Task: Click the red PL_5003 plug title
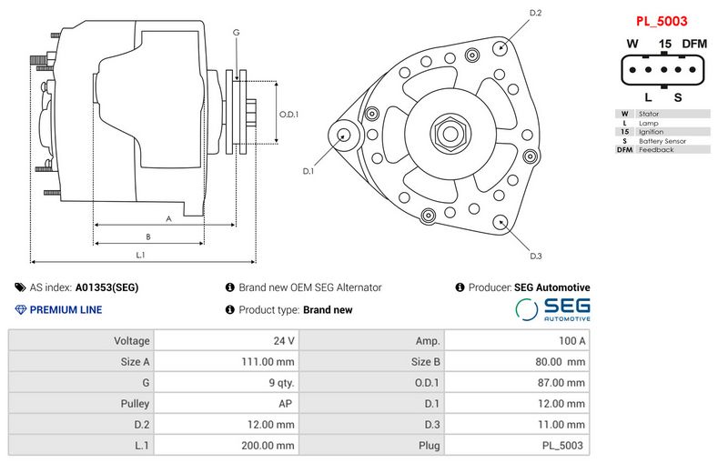(661, 20)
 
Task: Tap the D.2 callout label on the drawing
(535, 14)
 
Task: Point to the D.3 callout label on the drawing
(535, 256)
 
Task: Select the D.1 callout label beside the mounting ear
(308, 171)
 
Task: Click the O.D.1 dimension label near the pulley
(288, 115)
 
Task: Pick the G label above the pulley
(237, 33)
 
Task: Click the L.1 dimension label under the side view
(141, 256)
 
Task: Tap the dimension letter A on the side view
(168, 218)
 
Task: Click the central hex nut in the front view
(450, 133)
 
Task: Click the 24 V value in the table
(284, 341)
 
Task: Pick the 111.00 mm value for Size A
(271, 362)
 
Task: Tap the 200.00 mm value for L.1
(271, 446)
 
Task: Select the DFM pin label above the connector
(694, 44)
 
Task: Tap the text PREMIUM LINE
(66, 310)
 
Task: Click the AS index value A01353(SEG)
(106, 287)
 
